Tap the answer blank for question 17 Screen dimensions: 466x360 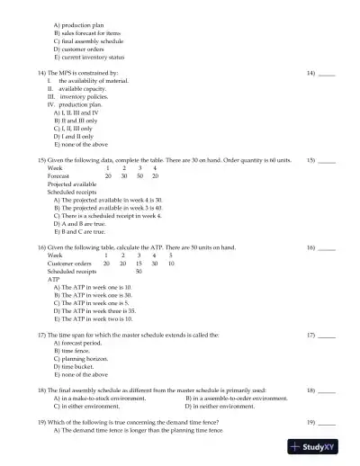click(327, 334)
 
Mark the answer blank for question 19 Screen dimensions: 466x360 click(327, 421)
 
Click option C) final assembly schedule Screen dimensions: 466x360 click(88, 41)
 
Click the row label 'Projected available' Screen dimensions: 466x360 click(72, 183)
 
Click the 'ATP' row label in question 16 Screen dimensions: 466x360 click(53, 279)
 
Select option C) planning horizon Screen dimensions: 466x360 click(84, 358)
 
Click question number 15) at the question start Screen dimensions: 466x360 click(41, 159)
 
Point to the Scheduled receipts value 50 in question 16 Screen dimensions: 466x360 click(139, 271)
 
